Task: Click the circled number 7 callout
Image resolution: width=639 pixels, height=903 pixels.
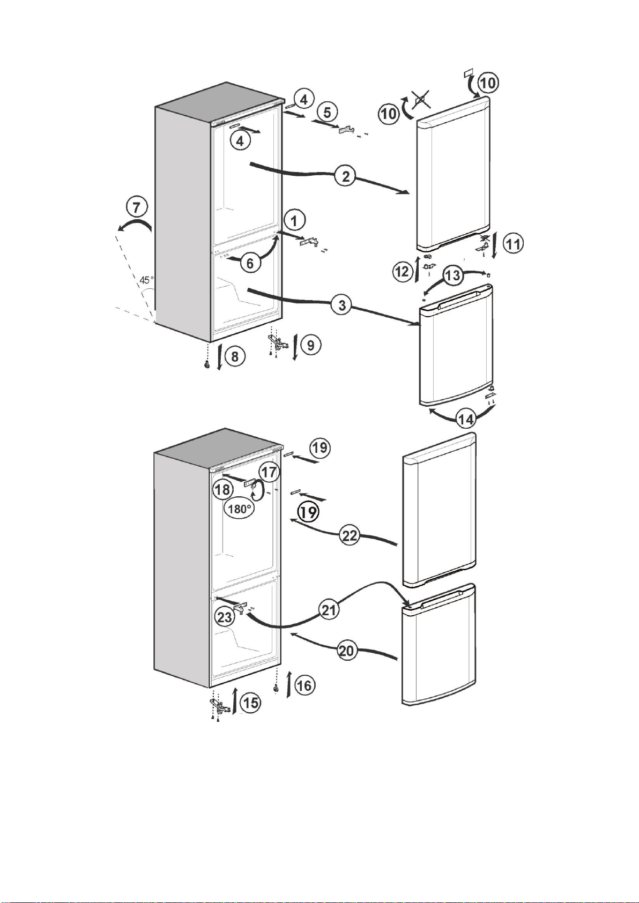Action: tap(137, 207)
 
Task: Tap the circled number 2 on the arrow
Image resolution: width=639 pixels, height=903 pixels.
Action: tap(345, 176)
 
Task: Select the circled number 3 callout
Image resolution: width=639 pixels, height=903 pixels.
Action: tap(342, 305)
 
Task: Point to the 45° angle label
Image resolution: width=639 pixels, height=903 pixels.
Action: tap(146, 280)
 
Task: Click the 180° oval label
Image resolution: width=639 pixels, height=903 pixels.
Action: tap(240, 509)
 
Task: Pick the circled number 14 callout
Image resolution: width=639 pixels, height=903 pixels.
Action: tap(466, 419)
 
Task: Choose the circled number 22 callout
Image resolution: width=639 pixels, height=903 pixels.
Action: tap(350, 536)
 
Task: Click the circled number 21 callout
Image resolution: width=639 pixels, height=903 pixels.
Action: tap(329, 610)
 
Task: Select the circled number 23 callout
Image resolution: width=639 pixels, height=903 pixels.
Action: tap(225, 617)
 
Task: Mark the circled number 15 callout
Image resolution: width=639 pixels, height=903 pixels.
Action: tap(250, 703)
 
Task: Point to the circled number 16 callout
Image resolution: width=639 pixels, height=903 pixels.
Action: tap(305, 685)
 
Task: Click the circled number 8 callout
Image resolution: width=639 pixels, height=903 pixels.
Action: tap(234, 356)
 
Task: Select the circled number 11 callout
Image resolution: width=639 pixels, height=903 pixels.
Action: tap(512, 244)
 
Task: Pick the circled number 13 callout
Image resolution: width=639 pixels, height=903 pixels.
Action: tap(452, 276)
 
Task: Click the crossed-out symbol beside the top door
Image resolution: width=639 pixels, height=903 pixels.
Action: tap(420, 99)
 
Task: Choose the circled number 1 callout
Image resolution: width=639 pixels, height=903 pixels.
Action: tap(294, 221)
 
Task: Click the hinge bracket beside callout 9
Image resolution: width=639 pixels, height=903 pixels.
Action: tap(278, 342)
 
